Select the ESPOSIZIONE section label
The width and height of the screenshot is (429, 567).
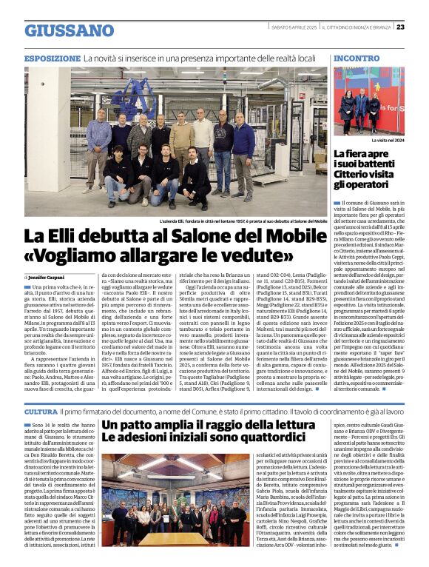point(52,58)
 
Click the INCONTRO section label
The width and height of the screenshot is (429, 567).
point(357,58)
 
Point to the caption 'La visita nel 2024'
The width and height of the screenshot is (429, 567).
point(390,140)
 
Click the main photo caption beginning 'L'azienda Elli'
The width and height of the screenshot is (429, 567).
point(243,221)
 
